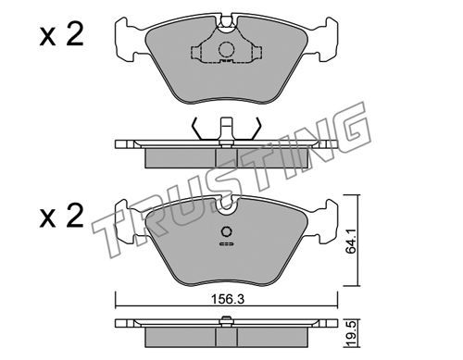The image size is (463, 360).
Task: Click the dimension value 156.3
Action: (228, 299)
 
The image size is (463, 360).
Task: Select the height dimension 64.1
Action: (351, 241)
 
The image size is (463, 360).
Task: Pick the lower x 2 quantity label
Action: (62, 216)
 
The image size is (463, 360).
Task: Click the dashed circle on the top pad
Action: (227, 49)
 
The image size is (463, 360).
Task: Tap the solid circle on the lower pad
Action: (227, 231)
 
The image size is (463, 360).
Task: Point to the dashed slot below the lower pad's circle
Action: (227, 243)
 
